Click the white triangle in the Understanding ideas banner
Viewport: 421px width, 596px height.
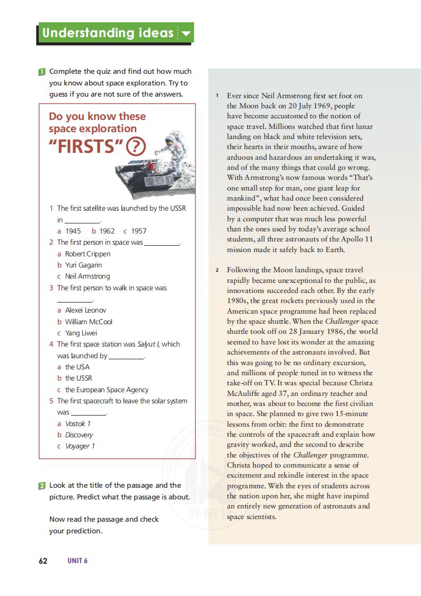click(x=186, y=34)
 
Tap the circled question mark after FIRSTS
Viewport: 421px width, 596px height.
click(x=136, y=146)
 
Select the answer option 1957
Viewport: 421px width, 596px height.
click(x=138, y=231)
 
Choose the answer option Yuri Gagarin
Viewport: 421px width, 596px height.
click(x=83, y=265)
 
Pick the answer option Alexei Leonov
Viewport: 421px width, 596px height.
click(x=85, y=310)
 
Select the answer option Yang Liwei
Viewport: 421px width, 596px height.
click(x=81, y=333)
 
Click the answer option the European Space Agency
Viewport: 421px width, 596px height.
click(x=107, y=390)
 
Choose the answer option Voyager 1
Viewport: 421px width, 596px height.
click(x=80, y=446)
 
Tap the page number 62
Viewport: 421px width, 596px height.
click(x=43, y=561)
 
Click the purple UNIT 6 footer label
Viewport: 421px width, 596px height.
click(x=77, y=561)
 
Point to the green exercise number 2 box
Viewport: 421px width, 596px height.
click(x=42, y=486)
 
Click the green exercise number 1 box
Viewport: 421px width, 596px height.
click(x=42, y=72)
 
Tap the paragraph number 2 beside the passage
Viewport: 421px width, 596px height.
click(x=217, y=270)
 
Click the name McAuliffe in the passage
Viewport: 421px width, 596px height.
click(x=244, y=393)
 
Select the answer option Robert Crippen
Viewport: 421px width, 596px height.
click(x=87, y=254)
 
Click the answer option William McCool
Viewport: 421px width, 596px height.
click(x=89, y=322)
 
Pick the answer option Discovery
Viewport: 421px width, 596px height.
click(x=78, y=435)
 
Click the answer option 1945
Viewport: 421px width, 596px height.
click(x=73, y=231)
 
